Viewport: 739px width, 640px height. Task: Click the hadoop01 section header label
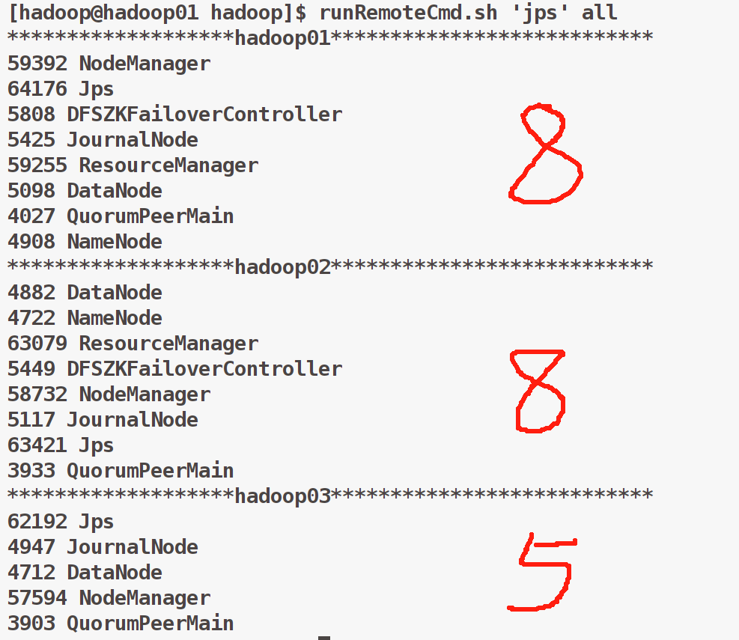282,38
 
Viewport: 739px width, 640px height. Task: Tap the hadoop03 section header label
282,496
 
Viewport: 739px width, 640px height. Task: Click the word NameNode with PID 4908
115,242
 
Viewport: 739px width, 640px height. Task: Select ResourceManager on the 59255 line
168,165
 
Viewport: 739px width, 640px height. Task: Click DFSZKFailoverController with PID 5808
204,115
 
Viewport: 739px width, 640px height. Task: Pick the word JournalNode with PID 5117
133,420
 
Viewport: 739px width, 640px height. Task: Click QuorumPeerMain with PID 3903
150,624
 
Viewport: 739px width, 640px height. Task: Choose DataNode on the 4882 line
115,293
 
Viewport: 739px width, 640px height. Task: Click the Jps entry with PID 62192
97,522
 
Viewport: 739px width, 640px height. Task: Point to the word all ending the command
600,13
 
